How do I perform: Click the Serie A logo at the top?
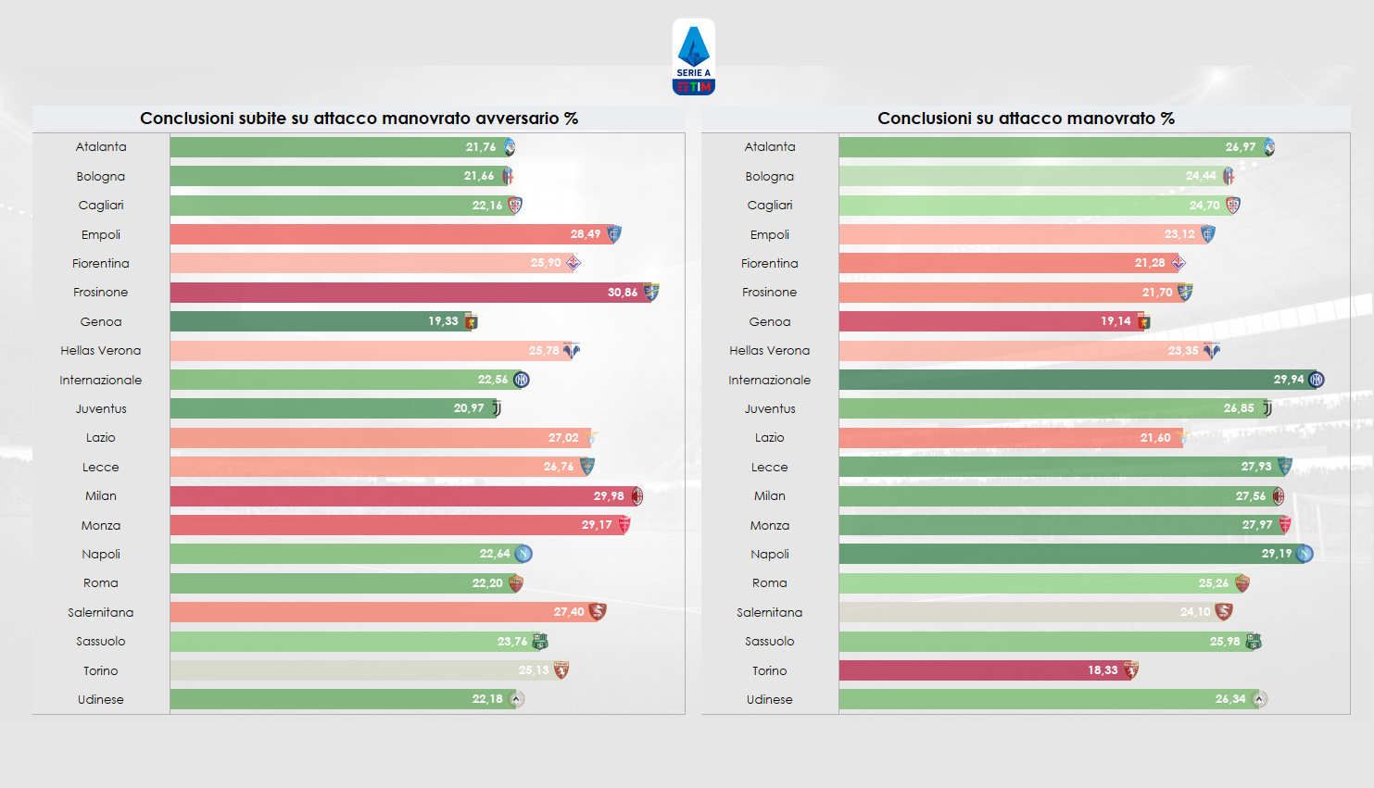coord(693,57)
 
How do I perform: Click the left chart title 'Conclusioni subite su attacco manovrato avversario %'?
coord(359,119)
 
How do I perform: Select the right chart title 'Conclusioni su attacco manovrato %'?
coord(1026,119)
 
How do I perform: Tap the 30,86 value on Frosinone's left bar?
coord(622,293)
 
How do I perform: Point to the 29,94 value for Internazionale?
coord(1288,380)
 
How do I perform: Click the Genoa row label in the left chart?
coord(101,322)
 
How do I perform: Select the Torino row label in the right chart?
coord(769,671)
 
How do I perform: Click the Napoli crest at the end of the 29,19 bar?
coord(1305,554)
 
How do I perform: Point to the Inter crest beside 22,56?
coord(522,380)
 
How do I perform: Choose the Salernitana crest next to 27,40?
coord(598,612)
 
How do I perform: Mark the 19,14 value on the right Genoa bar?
coord(1116,321)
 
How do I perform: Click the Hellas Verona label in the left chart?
coord(101,351)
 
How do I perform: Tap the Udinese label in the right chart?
coord(769,700)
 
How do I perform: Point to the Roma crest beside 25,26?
coord(1242,583)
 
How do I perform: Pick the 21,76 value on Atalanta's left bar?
coord(480,147)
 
